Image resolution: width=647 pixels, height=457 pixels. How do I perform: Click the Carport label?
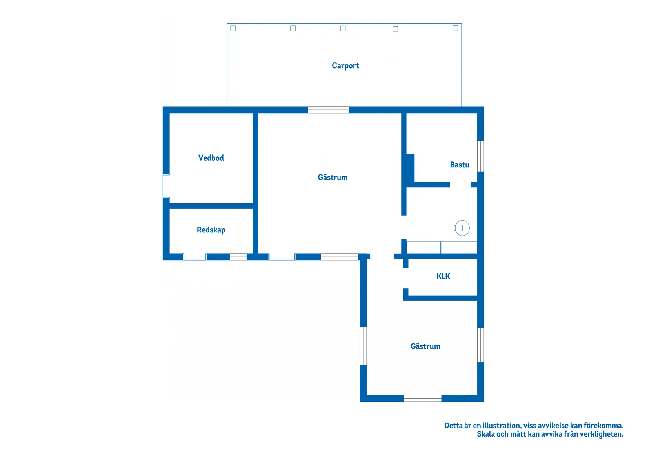[x=345, y=66]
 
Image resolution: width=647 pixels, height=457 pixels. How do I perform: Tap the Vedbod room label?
[x=211, y=158]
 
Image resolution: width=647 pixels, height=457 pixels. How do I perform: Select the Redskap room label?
[x=211, y=230]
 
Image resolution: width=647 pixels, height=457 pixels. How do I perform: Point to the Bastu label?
[x=459, y=165]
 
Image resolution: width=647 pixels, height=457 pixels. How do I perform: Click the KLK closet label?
[x=443, y=276]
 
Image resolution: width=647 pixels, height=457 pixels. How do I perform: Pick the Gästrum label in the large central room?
[x=333, y=177]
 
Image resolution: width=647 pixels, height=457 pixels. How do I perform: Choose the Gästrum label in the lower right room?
[x=425, y=346]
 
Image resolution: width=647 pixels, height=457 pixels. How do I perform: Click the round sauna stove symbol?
[x=462, y=228]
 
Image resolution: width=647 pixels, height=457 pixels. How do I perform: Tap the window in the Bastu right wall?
[x=481, y=156]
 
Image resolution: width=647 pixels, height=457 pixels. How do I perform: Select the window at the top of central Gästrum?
[x=329, y=110]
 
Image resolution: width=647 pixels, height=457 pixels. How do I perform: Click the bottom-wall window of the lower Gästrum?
[x=423, y=399]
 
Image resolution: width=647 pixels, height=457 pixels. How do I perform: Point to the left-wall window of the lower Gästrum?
[x=363, y=346]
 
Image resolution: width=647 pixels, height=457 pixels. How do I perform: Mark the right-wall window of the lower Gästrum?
[x=481, y=345]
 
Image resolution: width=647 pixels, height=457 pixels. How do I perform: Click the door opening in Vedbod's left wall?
[x=166, y=186]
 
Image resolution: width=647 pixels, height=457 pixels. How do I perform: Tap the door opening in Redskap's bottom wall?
[x=195, y=257]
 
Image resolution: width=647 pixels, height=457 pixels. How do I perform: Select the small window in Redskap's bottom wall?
[x=238, y=257]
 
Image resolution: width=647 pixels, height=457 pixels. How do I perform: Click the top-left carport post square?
[x=233, y=28]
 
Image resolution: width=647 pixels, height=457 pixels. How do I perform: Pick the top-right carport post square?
[x=455, y=28]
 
